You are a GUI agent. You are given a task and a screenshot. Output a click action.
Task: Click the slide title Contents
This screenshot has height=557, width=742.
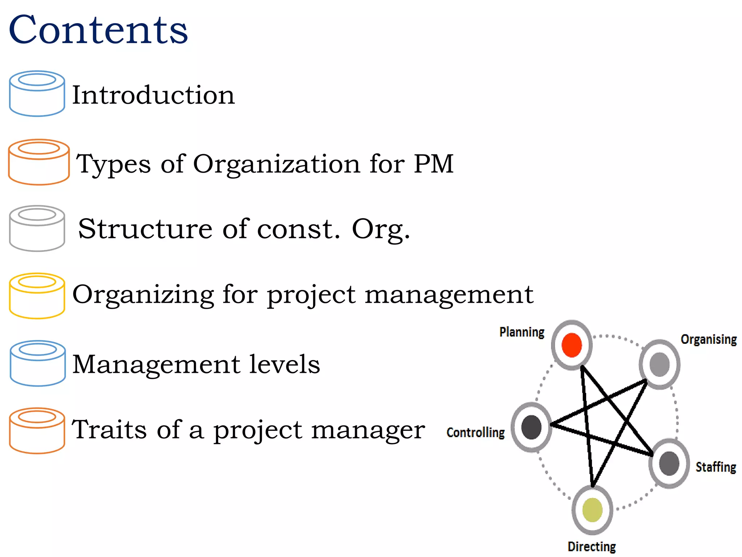point(98,30)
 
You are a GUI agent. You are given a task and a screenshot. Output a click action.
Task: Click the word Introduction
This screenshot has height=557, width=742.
point(153,95)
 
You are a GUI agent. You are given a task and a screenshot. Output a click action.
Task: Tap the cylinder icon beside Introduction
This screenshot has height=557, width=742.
point(37,94)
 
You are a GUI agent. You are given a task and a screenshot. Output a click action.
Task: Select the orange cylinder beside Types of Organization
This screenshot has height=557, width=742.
point(39,162)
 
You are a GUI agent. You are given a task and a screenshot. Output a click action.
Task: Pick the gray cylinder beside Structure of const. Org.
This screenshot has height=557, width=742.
point(37,228)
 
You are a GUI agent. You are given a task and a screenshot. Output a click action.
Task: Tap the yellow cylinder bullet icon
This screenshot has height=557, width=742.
point(37,296)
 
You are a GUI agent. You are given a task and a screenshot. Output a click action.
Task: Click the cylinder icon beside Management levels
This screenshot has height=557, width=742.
point(38,363)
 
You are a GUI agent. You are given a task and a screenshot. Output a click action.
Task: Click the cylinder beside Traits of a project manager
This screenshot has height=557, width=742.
point(37,430)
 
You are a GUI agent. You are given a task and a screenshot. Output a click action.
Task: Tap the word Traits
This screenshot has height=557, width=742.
point(109,430)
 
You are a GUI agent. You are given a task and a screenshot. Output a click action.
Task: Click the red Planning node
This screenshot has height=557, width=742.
point(572,345)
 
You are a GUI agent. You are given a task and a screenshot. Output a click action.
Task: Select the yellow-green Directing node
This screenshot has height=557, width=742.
point(592,510)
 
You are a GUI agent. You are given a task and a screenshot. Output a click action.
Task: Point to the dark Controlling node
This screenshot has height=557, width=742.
point(531,427)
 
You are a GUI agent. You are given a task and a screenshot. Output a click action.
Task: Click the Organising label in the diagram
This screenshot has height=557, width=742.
point(708,339)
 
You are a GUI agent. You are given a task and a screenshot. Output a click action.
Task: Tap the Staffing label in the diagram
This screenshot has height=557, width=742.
point(716,467)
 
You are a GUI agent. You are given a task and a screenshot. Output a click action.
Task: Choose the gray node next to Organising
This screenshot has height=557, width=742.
point(659,364)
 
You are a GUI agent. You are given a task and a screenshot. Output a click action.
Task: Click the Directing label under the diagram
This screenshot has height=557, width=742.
point(592,546)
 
